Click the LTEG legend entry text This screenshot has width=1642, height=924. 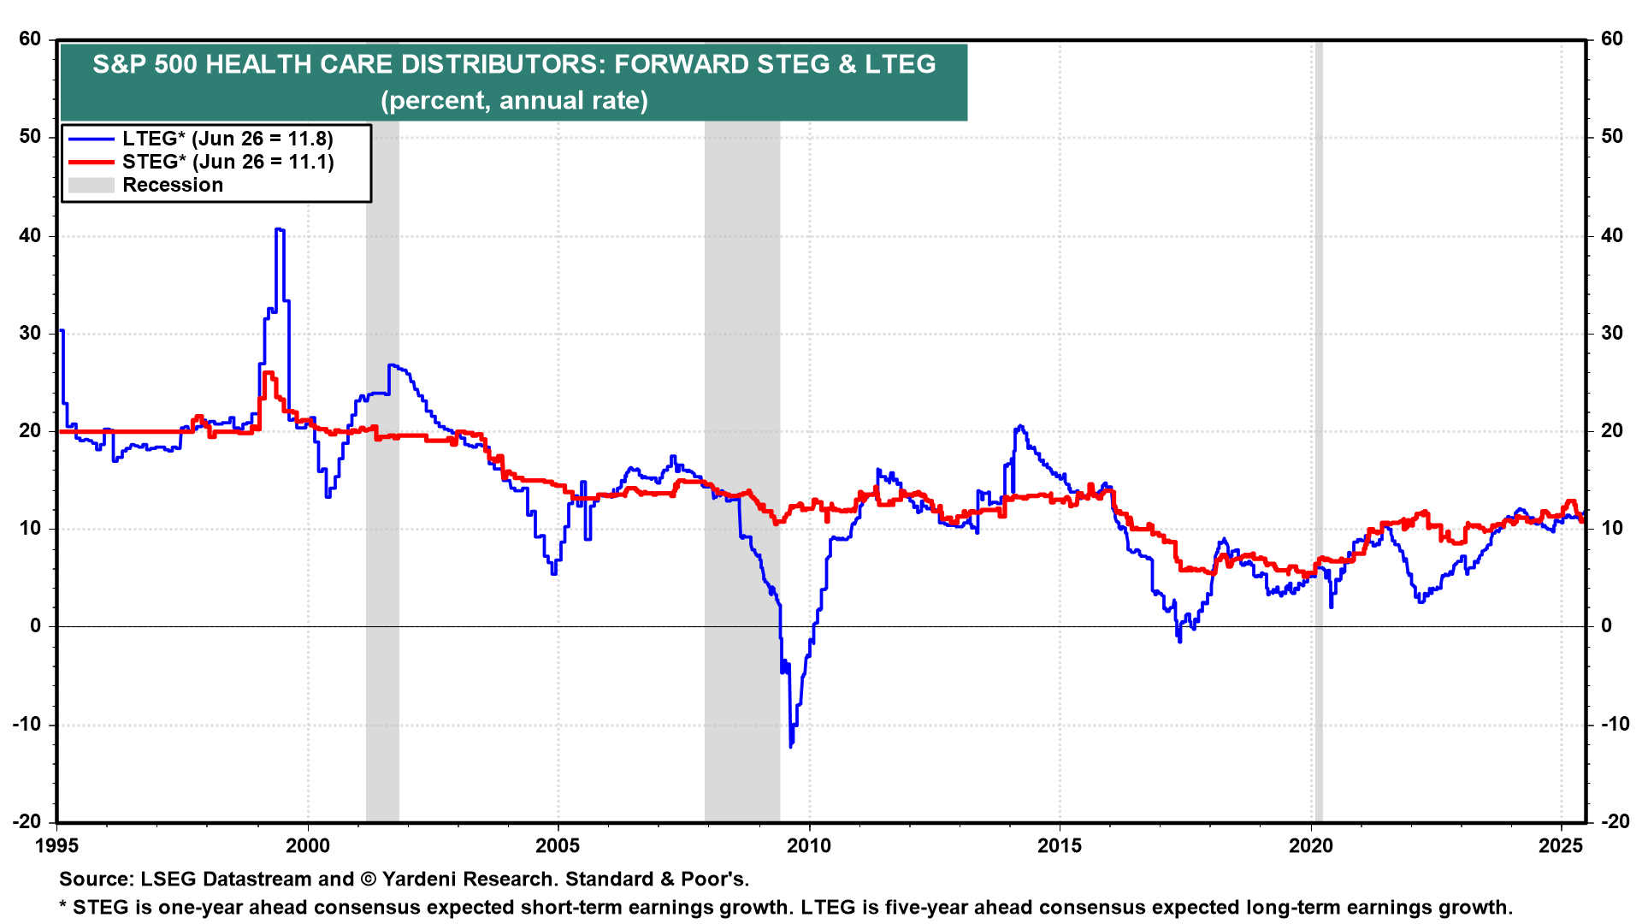coord(227,139)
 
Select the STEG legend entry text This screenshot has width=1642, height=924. coord(227,162)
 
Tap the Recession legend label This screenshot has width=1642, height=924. coord(173,185)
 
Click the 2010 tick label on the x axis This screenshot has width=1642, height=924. coord(808,846)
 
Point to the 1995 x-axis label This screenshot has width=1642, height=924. coord(56,846)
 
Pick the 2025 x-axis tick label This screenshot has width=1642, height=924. coord(1561,846)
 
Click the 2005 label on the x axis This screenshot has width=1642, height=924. coord(558,846)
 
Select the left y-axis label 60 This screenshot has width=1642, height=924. coord(30,38)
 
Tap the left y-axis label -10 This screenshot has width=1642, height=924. coord(27,724)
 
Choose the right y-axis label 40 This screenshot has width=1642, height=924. coord(1612,235)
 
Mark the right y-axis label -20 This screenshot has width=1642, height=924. coord(1615,821)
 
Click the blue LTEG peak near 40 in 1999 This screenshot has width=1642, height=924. coord(279,229)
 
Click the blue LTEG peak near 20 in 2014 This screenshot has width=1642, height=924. coord(1019,426)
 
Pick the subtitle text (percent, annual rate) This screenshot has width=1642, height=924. coord(514,100)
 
